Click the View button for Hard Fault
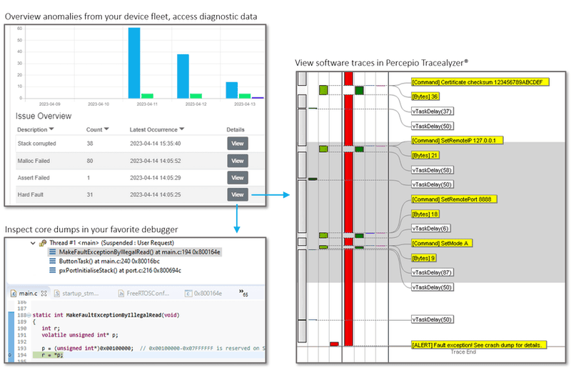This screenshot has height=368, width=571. click(238, 194)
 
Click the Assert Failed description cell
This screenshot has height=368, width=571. click(34, 177)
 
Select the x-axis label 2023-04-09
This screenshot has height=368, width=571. click(34, 104)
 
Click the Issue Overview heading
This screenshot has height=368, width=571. click(44, 115)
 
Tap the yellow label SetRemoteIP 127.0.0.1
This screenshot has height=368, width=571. click(458, 140)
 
